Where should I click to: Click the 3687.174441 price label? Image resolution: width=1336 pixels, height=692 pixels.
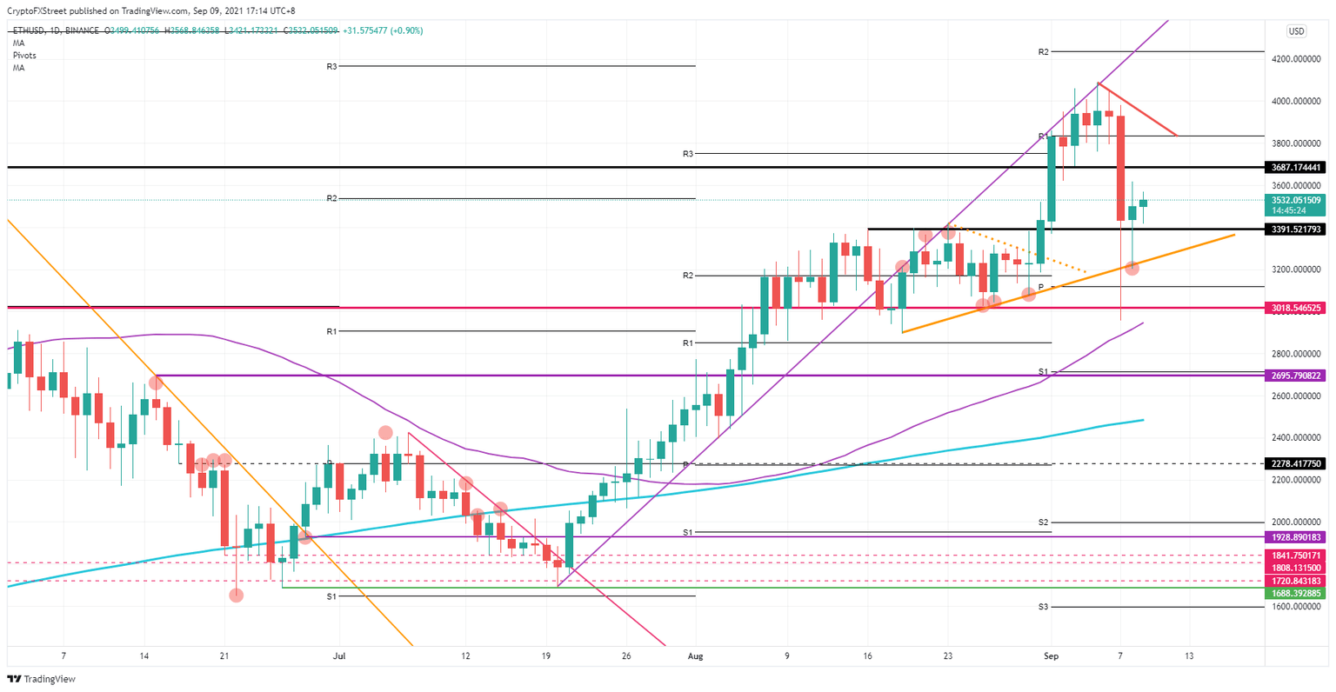[x=1296, y=167]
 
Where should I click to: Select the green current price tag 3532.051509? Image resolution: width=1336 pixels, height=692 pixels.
[x=1296, y=200]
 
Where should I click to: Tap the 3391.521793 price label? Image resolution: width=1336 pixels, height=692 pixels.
[x=1296, y=230]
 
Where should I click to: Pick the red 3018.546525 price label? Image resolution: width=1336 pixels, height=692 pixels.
[x=1296, y=308]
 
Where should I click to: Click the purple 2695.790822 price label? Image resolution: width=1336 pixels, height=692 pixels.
[x=1296, y=376]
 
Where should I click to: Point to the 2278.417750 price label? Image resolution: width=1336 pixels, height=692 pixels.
[x=1296, y=464]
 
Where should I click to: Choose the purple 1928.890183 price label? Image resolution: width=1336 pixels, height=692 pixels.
[x=1296, y=538]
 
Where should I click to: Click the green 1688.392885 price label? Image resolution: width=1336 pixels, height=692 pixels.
[x=1296, y=593]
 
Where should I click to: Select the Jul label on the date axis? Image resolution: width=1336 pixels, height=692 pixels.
[x=339, y=655]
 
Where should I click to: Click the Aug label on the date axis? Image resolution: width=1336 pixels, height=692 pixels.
[x=693, y=655]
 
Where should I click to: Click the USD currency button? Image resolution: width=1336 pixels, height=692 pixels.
[x=1296, y=31]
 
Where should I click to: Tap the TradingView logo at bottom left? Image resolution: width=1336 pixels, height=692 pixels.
[x=42, y=679]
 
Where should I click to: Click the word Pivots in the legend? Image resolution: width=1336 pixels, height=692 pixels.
[x=24, y=56]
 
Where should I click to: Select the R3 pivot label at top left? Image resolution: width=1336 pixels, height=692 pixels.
[x=332, y=66]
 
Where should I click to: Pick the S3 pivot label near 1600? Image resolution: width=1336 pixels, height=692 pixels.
[x=1043, y=606]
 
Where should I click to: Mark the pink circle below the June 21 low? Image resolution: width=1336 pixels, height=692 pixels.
[x=236, y=596]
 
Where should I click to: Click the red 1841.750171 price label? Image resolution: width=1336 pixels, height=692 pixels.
[x=1296, y=556]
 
